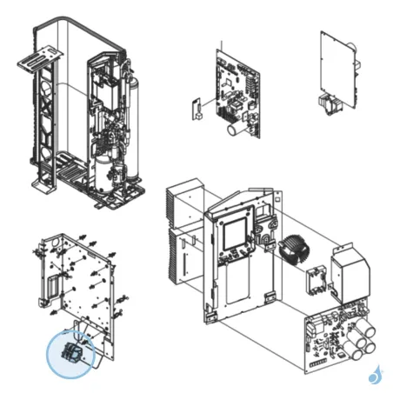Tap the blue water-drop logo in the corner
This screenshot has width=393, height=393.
pos(375,375)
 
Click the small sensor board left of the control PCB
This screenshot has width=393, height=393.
pos(196,110)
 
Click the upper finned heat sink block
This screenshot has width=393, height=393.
pos(184,203)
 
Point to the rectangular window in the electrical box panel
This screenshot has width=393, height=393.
pos(235,235)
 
